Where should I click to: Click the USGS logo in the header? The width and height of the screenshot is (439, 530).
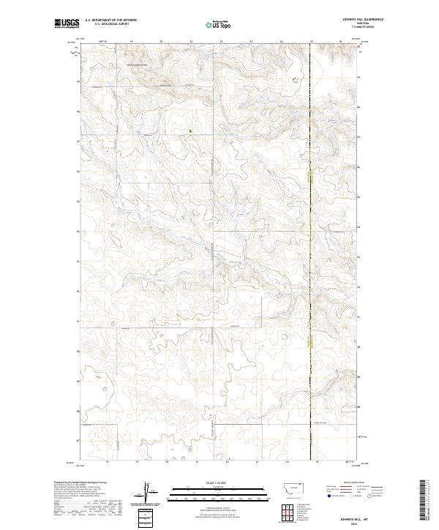pos(67,23)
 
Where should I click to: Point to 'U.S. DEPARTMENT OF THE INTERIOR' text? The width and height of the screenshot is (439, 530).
pos(111,20)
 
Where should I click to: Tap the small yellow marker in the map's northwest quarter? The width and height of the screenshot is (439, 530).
pos(190,132)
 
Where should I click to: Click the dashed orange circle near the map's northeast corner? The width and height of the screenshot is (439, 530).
pos(296,80)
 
